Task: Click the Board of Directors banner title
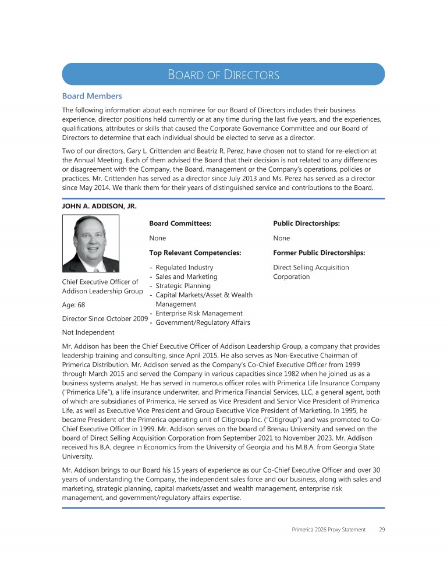click(x=223, y=75)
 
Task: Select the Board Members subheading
click(x=92, y=95)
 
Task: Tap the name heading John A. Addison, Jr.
click(x=99, y=205)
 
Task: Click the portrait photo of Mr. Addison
click(x=91, y=243)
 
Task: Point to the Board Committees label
click(x=180, y=223)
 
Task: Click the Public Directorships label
click(x=306, y=223)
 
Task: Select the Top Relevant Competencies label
click(x=195, y=253)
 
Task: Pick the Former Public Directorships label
click(x=319, y=253)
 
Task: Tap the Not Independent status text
click(x=87, y=332)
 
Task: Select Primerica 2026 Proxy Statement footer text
click(x=329, y=530)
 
